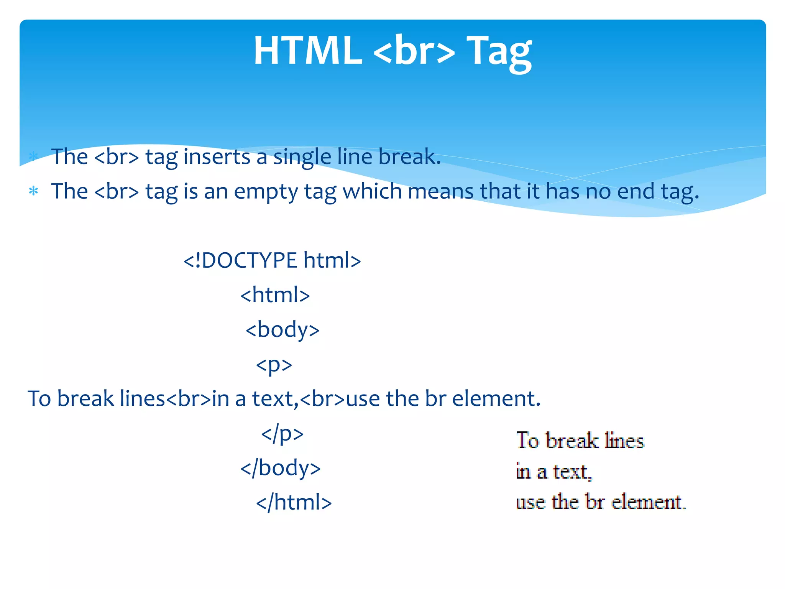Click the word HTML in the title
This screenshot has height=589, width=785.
point(308,51)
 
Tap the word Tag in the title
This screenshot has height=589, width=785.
point(499,52)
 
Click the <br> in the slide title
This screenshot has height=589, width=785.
point(414,51)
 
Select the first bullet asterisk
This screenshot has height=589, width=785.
point(34,156)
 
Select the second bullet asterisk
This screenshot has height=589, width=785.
point(34,191)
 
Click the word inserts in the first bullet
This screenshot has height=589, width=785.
point(217,157)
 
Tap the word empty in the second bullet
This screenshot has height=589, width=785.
point(266,192)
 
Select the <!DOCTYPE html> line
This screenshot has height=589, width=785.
point(272,260)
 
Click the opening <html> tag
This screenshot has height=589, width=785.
point(275,295)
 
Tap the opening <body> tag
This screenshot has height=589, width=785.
point(282,330)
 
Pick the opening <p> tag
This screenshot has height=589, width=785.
point(274,365)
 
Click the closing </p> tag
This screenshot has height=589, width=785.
point(282,434)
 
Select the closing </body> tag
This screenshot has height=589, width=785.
point(280,468)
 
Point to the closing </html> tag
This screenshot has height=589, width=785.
point(294,503)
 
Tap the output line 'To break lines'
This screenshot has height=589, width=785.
point(580,441)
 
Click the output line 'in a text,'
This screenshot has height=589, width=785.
point(554,472)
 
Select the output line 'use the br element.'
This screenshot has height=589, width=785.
point(601,502)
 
